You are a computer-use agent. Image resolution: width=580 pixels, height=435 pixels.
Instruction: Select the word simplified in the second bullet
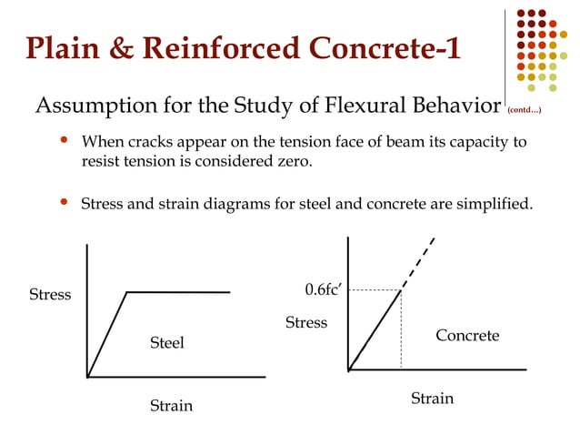point(491,203)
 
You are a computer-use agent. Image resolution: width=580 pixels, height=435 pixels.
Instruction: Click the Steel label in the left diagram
point(167,343)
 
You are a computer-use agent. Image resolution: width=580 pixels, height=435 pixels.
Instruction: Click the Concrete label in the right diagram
point(467,336)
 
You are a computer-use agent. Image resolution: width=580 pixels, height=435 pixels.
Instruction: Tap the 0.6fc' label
point(323,290)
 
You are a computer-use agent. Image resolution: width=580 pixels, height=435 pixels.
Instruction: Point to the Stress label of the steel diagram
point(50,295)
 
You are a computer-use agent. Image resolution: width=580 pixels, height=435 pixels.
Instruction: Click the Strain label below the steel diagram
point(171,406)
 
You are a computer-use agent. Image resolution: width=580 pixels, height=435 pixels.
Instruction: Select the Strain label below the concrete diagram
point(432,399)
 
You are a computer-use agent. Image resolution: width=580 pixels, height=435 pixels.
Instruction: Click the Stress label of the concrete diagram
point(306,323)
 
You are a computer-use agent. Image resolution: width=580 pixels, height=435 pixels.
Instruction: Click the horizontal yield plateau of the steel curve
point(178,292)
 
